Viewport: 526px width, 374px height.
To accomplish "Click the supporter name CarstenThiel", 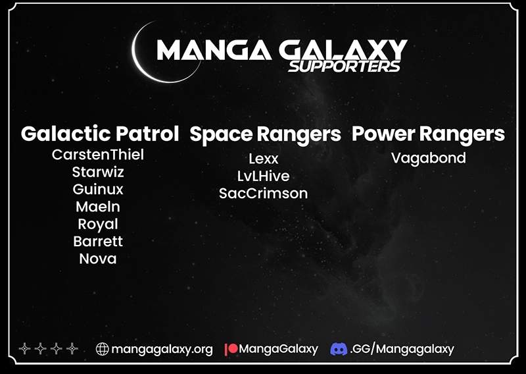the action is (97, 155).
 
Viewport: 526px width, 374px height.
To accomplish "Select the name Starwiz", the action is (98, 172).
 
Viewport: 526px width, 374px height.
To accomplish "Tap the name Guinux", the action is (98, 190).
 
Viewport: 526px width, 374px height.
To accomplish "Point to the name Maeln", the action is (98, 207).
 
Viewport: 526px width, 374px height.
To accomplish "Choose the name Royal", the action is (98, 225).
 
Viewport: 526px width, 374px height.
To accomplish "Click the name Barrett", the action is (98, 242).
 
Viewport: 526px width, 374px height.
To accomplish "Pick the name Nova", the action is (98, 259).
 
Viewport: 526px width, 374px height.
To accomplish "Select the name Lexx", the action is (264, 159).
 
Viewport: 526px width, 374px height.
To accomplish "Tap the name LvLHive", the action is (264, 176).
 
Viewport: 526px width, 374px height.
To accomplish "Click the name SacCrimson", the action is (264, 194).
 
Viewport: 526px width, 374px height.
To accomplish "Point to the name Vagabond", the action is (429, 158).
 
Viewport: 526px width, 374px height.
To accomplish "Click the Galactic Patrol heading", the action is (100, 134).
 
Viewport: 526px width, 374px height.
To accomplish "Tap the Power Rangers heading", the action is (428, 134).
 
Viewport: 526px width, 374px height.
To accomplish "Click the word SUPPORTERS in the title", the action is (344, 67).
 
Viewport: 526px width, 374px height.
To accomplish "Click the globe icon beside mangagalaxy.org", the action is (103, 349).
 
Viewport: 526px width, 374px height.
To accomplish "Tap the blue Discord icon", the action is (339, 349).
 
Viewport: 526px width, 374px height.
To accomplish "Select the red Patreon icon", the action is (231, 349).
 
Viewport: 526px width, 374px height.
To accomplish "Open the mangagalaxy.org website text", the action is (162, 350).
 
